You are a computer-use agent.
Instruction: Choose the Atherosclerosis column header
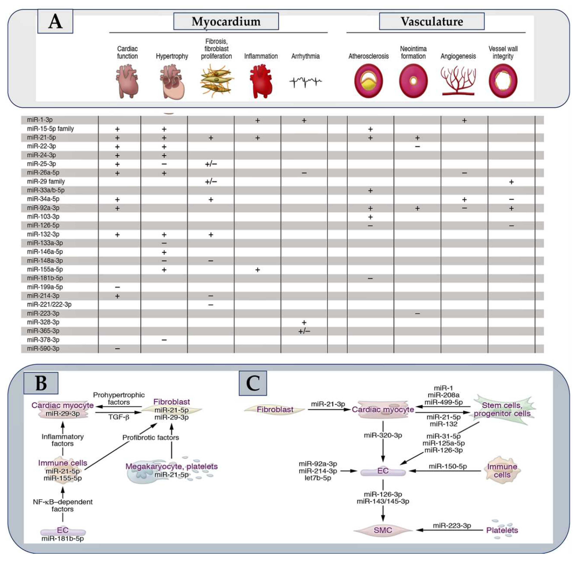click(368, 56)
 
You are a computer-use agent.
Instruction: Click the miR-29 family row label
click(46, 181)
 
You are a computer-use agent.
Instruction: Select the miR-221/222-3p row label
click(49, 304)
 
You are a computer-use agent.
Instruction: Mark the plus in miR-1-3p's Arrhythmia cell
click(304, 120)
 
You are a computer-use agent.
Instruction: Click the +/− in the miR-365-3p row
click(304, 331)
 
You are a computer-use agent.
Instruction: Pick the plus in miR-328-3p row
click(304, 322)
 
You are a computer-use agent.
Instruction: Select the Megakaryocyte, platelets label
click(171, 466)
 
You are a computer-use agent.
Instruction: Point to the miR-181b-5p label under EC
click(63, 538)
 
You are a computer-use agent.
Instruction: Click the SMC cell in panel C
click(383, 530)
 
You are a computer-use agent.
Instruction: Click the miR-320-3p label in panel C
click(383, 435)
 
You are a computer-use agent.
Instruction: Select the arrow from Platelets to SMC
click(449, 530)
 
